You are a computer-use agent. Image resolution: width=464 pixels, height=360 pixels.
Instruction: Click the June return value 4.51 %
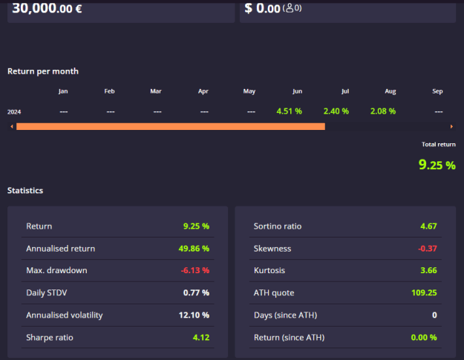coord(289,111)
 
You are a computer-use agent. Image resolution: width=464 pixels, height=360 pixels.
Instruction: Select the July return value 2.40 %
coord(336,111)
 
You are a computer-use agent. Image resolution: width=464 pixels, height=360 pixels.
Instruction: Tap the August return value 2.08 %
coord(383,111)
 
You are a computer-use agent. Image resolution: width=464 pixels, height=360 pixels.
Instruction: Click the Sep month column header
coord(437,91)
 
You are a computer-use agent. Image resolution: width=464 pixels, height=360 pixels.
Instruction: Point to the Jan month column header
coord(63,91)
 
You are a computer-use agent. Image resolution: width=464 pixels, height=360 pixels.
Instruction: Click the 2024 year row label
coord(14,112)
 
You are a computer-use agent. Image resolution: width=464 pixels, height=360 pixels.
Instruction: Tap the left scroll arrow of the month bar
coord(12,127)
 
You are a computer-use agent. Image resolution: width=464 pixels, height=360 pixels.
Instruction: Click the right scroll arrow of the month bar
coord(451,127)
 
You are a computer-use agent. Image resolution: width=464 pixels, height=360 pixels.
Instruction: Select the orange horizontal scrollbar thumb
coord(171,127)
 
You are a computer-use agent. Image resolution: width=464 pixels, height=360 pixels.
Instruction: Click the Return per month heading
coord(43,71)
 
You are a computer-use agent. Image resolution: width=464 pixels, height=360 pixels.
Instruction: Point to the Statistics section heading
coord(25,190)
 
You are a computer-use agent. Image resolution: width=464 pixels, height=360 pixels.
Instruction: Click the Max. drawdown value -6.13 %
coord(195,270)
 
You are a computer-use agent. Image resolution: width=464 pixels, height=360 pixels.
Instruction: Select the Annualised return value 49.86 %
coord(194,249)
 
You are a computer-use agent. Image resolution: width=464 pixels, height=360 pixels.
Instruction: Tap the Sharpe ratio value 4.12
coord(201,338)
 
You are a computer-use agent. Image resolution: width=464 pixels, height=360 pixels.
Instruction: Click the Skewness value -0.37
coord(428,249)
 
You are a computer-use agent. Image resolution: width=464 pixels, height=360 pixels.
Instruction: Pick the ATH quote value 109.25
coord(424,293)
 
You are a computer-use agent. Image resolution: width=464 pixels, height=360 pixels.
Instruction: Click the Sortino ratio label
coord(278,226)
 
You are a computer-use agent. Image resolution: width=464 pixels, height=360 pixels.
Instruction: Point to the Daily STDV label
coord(47,293)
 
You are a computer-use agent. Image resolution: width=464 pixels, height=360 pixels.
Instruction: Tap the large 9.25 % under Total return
coord(437,165)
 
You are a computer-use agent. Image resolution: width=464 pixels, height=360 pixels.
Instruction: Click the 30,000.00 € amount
coord(47,8)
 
